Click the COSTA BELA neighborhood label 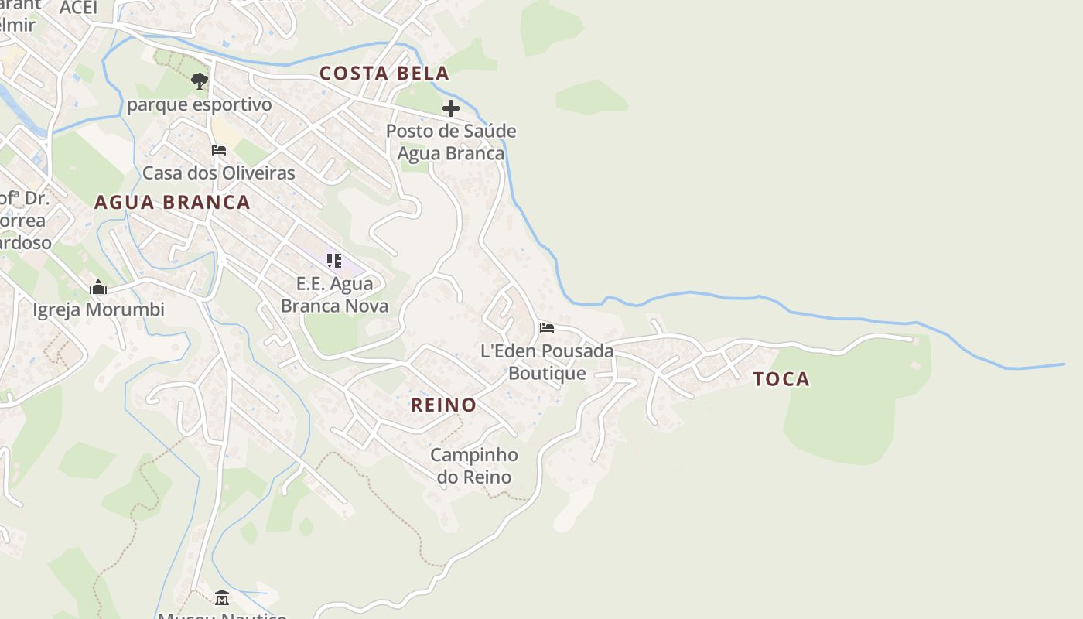(x=384, y=74)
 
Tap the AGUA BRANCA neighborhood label (x=172, y=203)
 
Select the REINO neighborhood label (x=443, y=405)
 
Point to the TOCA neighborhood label (x=781, y=379)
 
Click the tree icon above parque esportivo (x=200, y=81)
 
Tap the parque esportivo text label (x=200, y=104)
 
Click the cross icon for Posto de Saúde (x=451, y=108)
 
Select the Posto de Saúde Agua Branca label (x=451, y=142)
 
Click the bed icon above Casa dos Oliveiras (x=219, y=150)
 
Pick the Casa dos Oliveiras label (x=219, y=173)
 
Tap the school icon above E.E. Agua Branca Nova (x=334, y=261)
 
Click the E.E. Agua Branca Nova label (x=334, y=295)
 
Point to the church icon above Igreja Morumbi (x=98, y=288)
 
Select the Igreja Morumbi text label (x=98, y=310)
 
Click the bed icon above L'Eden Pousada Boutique (x=547, y=328)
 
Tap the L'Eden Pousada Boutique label (x=547, y=362)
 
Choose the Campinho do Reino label (x=474, y=466)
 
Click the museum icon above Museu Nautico (x=222, y=597)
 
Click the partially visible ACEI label (x=79, y=8)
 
